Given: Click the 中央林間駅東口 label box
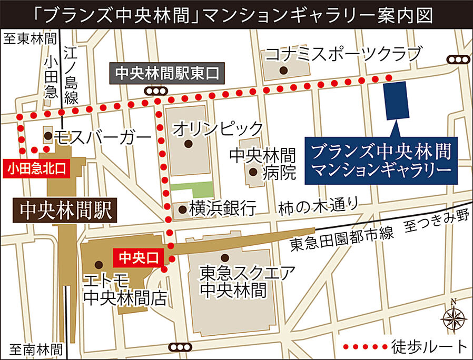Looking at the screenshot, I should tap(167, 72).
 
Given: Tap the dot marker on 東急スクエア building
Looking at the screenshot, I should tap(225, 257).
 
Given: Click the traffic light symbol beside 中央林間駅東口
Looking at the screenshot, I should tap(156, 92).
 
